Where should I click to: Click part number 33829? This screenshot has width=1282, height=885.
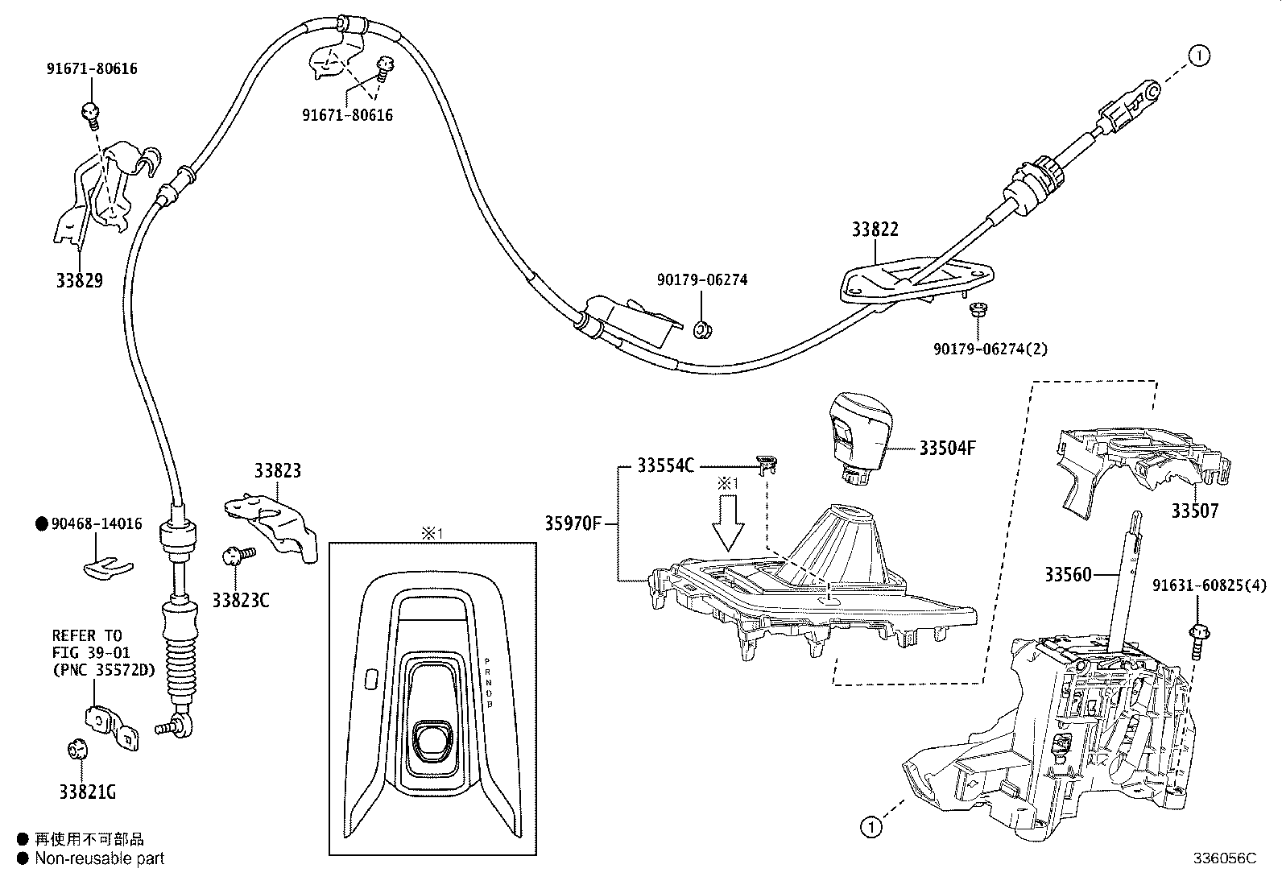coord(80,281)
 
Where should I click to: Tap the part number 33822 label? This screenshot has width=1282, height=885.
coord(875,230)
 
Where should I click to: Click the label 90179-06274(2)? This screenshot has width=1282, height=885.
coord(990,349)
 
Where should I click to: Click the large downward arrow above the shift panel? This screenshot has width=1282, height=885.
coord(728,524)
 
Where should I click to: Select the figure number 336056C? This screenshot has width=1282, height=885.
coord(1224,858)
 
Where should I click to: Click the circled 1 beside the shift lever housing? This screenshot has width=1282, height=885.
coord(871,826)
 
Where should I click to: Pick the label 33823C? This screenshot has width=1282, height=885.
coord(240,600)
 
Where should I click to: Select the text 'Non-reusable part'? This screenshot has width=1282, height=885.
coord(99,858)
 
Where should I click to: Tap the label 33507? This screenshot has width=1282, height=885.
coord(1195,511)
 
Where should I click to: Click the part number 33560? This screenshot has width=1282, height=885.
coord(1068,574)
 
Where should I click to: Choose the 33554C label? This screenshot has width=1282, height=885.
coord(665,465)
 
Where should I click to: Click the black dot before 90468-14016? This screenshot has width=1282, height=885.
coord(42,524)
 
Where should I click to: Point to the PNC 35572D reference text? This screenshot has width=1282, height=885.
coord(103,669)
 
